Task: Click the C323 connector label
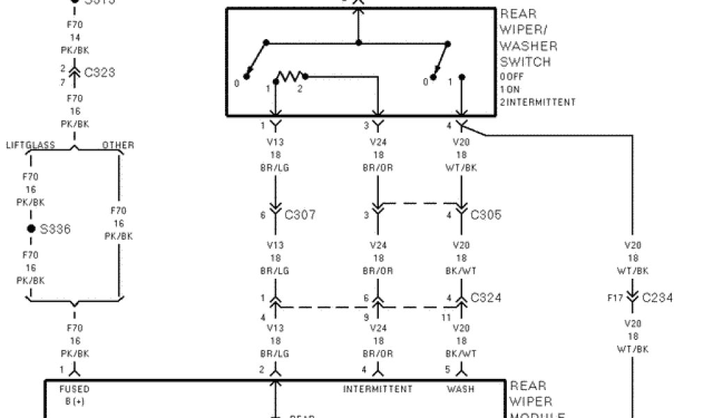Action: tap(100, 72)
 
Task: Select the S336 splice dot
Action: tap(31, 229)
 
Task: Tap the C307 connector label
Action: tap(300, 215)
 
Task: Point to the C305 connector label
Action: tap(486, 215)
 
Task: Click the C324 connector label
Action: tap(486, 297)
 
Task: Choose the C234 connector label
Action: tap(657, 297)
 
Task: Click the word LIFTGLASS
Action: tap(31, 146)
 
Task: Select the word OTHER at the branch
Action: tap(118, 146)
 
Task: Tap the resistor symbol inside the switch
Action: tap(288, 75)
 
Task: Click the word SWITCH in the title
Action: tap(525, 61)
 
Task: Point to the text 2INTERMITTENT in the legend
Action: tap(538, 102)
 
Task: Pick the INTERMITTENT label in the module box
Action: tap(377, 389)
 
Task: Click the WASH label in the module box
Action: tap(461, 389)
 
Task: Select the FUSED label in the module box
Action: tap(75, 389)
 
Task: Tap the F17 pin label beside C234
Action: tap(615, 297)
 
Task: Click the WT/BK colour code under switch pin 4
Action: tap(461, 168)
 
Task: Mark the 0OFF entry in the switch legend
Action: tap(511, 77)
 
